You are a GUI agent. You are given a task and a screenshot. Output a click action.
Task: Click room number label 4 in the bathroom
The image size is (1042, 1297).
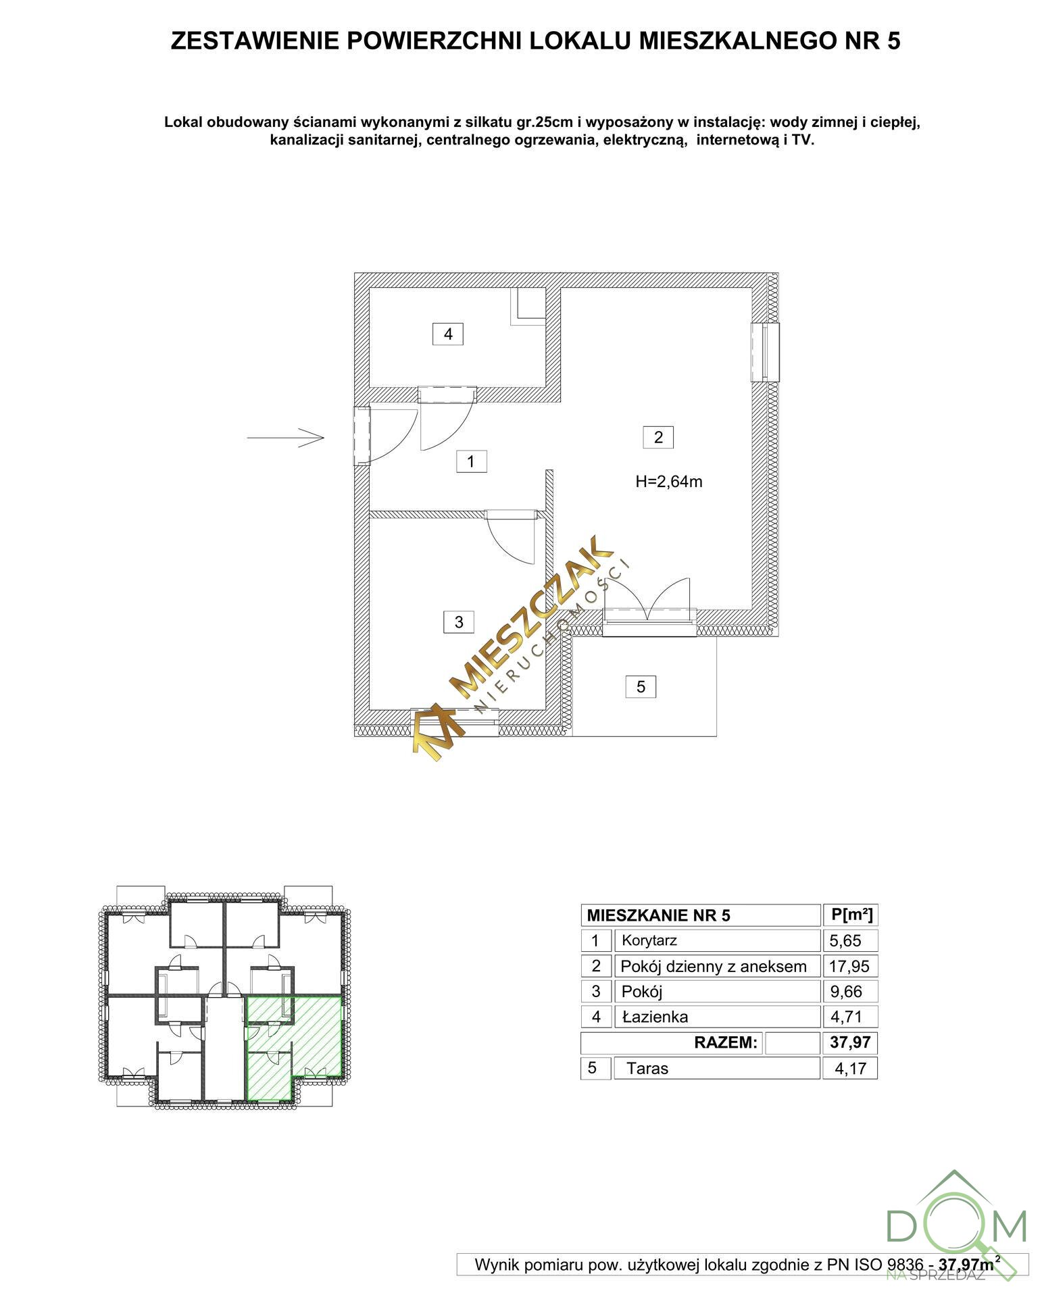[x=447, y=334]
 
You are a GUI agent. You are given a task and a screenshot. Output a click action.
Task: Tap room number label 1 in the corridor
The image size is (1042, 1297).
[x=471, y=461]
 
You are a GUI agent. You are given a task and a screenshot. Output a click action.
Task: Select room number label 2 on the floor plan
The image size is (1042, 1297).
[x=658, y=437]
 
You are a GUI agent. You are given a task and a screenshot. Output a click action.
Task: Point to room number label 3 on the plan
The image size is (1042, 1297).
[x=459, y=621]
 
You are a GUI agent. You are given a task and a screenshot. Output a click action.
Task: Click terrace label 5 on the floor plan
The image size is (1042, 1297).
[x=641, y=686]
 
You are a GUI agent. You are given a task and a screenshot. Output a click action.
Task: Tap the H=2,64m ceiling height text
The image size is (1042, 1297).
[x=669, y=482]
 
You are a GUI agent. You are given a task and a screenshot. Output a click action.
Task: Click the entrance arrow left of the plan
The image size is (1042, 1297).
[x=286, y=438]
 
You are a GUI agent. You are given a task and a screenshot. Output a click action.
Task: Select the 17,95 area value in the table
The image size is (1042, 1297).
[x=849, y=966]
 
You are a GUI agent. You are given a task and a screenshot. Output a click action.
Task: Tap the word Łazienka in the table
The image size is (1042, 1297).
[x=655, y=1016]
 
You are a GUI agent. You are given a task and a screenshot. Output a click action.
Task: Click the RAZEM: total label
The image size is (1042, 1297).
[x=726, y=1042]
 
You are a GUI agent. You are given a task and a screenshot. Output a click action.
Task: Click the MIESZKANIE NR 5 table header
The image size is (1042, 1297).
[x=659, y=915]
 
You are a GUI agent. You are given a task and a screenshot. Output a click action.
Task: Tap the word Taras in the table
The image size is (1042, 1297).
[x=647, y=1068]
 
